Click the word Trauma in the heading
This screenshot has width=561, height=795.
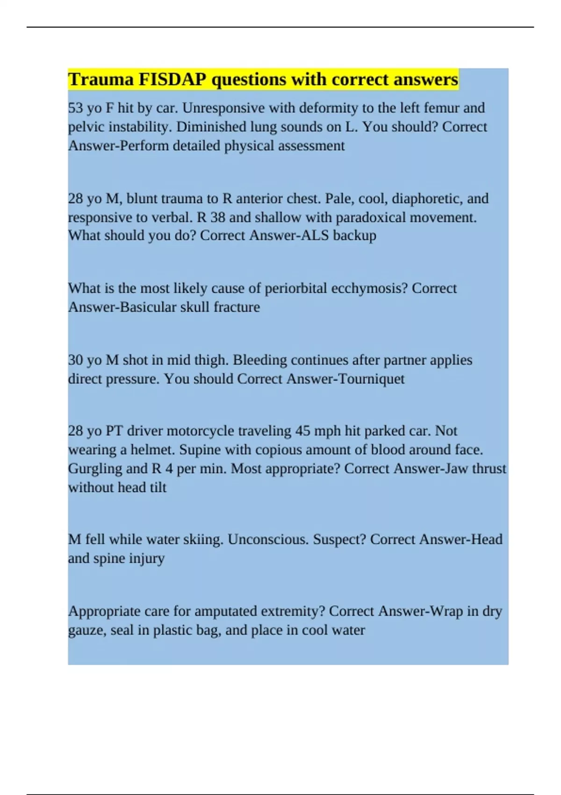[x=101, y=79]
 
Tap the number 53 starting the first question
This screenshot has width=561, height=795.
[x=76, y=108]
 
